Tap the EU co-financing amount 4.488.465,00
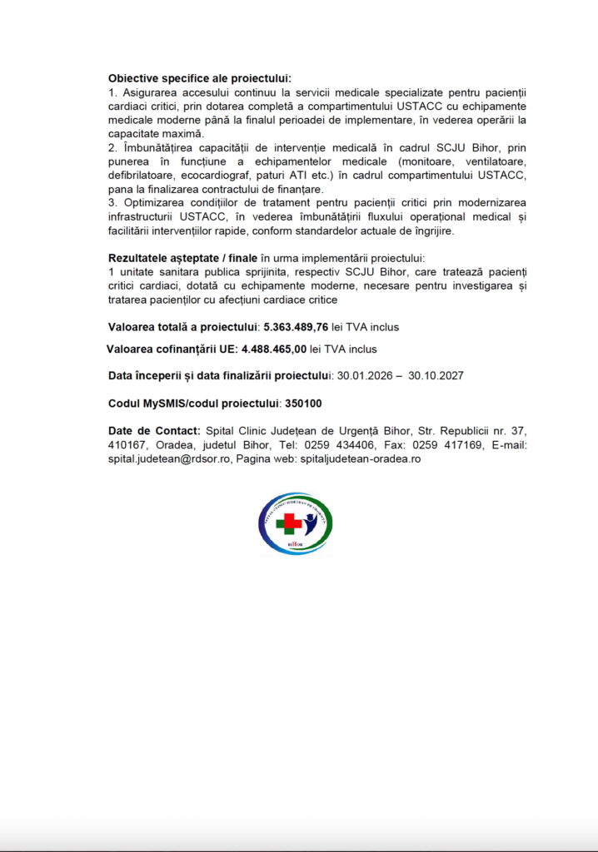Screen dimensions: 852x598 click(274, 349)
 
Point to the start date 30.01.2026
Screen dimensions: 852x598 click(362, 376)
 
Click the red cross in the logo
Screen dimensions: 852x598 click(289, 523)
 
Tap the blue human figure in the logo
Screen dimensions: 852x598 click(311, 523)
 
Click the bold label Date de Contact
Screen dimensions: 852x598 click(154, 430)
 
